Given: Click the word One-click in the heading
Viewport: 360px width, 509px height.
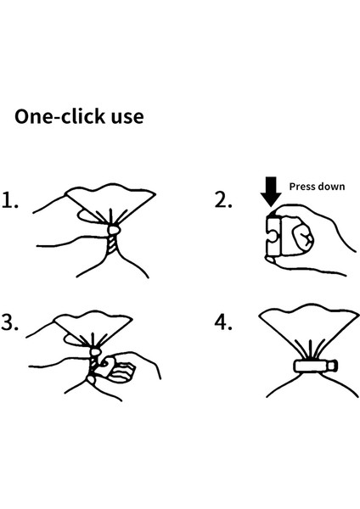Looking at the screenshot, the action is click(59, 116).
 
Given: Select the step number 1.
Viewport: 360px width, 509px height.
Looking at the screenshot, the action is click(9, 199).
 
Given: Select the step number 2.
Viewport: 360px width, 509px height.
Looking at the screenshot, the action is click(223, 199).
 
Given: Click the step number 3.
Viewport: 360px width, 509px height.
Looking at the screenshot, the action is click(9, 322).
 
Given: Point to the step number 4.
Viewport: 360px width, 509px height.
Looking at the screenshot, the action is click(223, 322).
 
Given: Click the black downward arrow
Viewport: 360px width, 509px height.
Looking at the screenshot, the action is click(271, 192).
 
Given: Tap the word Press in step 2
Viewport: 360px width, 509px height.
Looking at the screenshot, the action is click(302, 187).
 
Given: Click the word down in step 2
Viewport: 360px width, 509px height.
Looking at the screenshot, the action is click(331, 187).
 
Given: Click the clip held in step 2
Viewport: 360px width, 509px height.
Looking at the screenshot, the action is click(275, 236).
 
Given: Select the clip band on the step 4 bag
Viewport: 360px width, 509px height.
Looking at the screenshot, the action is click(311, 366).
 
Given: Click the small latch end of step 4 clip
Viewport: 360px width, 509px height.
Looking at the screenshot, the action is click(333, 366).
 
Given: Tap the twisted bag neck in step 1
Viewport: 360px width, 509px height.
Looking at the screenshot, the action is click(112, 245).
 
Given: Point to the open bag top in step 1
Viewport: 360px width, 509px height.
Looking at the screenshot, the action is click(110, 201).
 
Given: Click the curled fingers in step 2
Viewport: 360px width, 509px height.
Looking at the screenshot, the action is click(301, 239).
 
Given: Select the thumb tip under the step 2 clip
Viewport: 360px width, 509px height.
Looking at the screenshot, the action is click(270, 259).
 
